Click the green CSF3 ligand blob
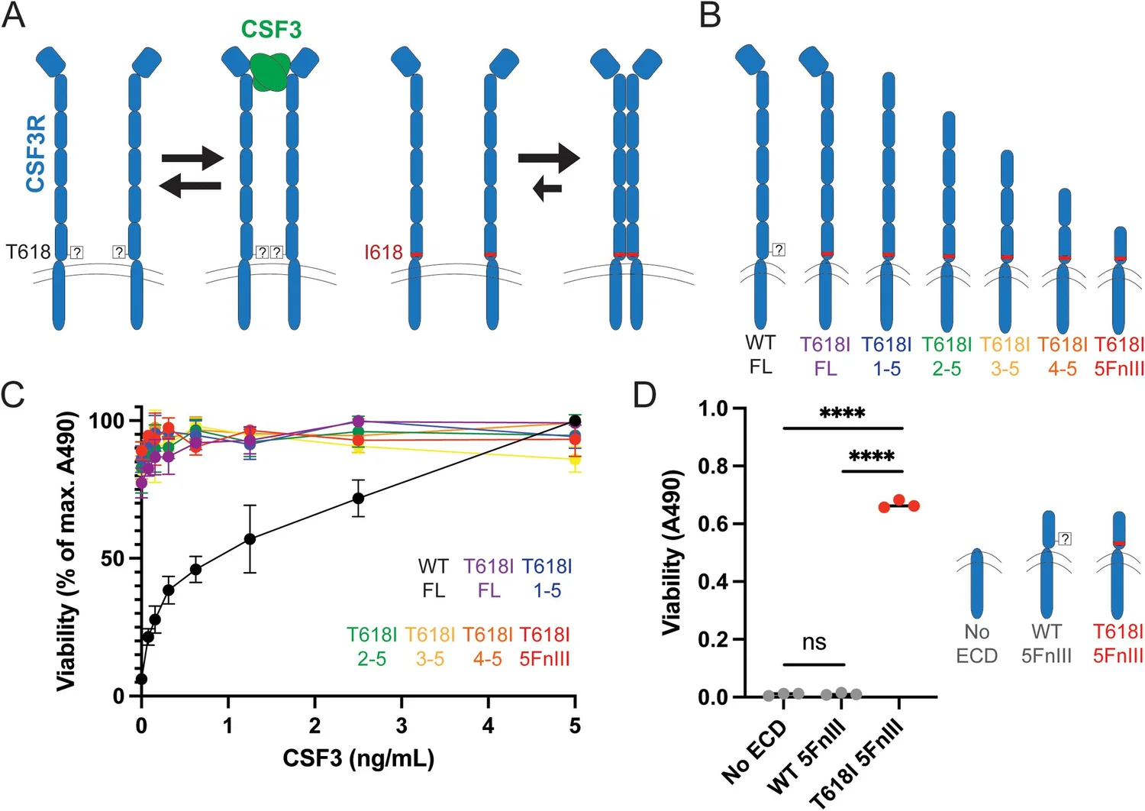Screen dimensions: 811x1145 (269, 70)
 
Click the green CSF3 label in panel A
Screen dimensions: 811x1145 (271, 30)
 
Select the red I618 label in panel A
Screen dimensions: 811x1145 (383, 253)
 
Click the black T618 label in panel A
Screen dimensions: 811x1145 (28, 251)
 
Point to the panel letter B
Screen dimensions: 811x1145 (710, 15)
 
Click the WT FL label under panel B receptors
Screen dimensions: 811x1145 (760, 355)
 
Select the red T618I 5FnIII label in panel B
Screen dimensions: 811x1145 (1119, 357)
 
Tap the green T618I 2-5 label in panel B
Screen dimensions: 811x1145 (947, 357)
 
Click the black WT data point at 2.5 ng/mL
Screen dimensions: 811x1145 (358, 499)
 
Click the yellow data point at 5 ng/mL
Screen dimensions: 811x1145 (575, 460)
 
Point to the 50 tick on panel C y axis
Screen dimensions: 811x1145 (112, 558)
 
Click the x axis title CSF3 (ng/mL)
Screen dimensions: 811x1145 (358, 758)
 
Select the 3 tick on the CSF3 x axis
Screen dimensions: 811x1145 (402, 725)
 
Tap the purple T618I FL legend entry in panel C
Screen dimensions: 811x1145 (489, 578)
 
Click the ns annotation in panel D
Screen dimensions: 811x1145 (814, 642)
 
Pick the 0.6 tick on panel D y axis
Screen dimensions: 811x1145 (712, 524)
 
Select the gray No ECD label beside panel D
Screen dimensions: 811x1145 (976, 644)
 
